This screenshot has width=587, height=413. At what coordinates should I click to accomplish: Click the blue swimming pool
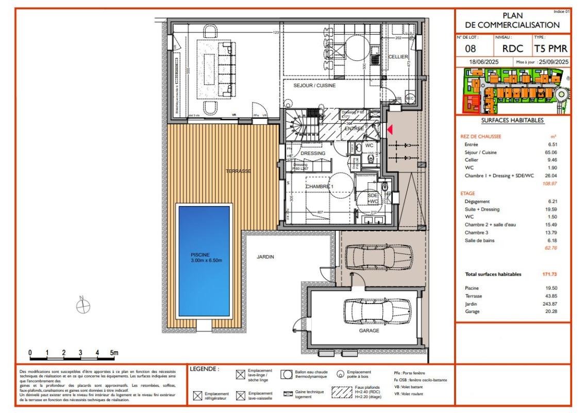click(x=203, y=261)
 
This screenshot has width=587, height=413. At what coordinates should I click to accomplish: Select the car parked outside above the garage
click(x=378, y=255)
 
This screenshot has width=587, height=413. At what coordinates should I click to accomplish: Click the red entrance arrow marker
click(x=390, y=130)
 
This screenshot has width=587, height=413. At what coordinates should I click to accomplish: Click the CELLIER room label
click(x=398, y=56)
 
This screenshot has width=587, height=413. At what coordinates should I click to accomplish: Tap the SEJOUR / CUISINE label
click(x=315, y=86)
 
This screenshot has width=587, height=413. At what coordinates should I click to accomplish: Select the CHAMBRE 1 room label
click(x=320, y=186)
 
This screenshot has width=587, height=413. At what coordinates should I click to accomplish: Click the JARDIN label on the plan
click(x=265, y=257)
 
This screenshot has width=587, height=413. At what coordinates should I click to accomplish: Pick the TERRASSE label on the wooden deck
click(x=238, y=171)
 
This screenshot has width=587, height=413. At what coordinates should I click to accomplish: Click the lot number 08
click(x=471, y=49)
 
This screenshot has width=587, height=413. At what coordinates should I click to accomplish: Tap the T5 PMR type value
click(x=551, y=49)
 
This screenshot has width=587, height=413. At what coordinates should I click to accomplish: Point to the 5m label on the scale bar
click(x=114, y=353)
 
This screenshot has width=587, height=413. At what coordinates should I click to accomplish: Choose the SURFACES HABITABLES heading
click(x=512, y=120)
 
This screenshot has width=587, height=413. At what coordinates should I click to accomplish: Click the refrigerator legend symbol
click(x=196, y=396)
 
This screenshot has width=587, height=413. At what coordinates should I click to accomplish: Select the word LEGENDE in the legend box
click(x=205, y=369)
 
